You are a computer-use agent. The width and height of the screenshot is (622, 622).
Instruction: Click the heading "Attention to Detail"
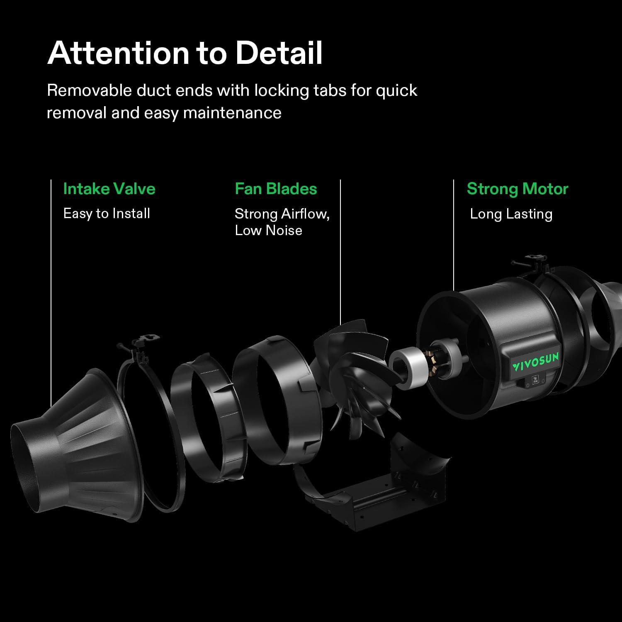185,53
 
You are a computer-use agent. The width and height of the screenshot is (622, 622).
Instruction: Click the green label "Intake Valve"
109,189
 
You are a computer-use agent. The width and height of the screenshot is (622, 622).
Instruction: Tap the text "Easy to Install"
107,214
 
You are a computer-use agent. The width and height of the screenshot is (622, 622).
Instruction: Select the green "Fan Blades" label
276,189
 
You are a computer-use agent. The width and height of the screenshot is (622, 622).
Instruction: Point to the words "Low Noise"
268,231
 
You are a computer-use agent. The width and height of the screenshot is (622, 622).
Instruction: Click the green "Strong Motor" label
517,189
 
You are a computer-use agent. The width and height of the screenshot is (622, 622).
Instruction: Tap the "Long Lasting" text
511,214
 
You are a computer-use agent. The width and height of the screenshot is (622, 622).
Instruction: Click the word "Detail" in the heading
279,53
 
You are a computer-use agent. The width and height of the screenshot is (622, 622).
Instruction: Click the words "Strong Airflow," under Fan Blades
282,214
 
